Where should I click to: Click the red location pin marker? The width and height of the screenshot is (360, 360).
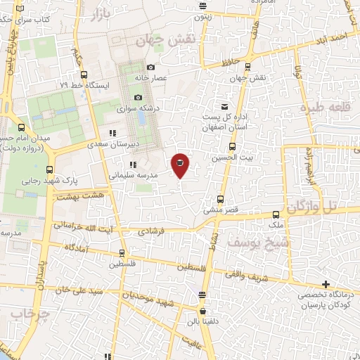(180, 165)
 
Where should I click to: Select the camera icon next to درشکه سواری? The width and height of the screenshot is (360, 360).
(139, 97)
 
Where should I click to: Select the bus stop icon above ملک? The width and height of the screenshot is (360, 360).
(276, 215)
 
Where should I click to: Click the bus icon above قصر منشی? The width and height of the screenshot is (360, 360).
(221, 199)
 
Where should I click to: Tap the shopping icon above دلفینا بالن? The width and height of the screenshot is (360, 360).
(203, 311)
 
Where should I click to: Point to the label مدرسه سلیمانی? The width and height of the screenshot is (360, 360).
(133, 174)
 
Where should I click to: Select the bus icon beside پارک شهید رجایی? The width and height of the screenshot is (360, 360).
(49, 169)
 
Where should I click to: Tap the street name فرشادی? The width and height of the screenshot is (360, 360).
(150, 231)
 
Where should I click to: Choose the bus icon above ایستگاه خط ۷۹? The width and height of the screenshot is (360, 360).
(84, 75)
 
